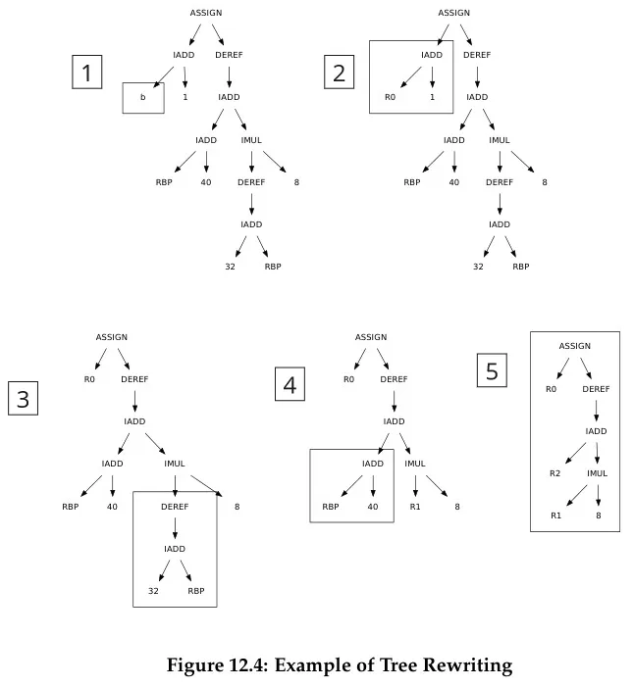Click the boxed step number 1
87,73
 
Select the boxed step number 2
339,73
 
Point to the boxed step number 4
290,385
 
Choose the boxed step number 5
492,370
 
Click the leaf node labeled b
142,97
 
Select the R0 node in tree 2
390,97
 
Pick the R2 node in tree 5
555,473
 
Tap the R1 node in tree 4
415,506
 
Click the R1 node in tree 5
555,515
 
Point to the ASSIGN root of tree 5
575,346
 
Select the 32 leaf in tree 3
154,591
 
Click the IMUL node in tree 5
598,473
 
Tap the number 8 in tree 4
456,506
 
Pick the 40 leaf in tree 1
206,182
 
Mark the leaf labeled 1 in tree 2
432,97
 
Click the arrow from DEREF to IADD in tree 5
596,410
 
